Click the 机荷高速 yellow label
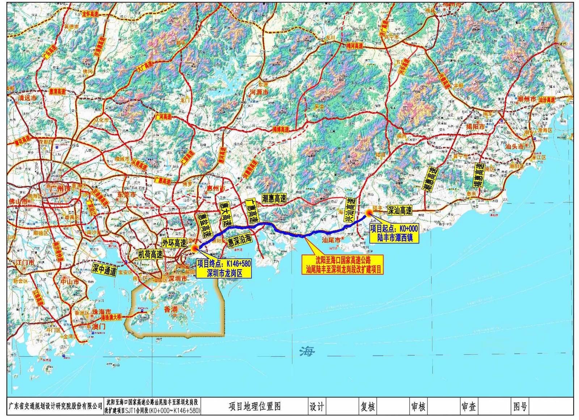point(150,254)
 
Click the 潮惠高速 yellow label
point(274,198)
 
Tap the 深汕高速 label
point(400,211)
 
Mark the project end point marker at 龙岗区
point(195,248)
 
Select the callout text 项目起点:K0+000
point(394,228)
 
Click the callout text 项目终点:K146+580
point(224,263)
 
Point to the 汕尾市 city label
point(331,240)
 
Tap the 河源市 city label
point(259,93)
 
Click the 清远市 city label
point(28,98)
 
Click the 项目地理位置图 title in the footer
point(255,407)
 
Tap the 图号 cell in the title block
point(520,407)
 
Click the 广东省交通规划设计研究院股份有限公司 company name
point(55,407)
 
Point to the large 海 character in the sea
point(307,351)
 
